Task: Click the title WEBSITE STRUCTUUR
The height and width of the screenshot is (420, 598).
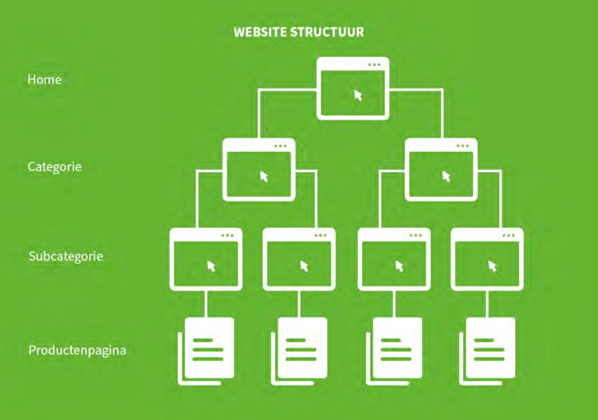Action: point(298,32)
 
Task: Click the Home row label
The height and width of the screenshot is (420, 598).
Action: point(44,80)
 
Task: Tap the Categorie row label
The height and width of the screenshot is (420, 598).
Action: point(55,167)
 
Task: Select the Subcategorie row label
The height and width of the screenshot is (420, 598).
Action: point(66,256)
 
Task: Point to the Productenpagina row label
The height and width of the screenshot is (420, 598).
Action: point(77,350)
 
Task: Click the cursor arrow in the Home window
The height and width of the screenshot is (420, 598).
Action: point(358,95)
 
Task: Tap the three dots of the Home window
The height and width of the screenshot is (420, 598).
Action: point(374,65)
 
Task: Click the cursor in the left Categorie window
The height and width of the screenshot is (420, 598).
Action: point(264,176)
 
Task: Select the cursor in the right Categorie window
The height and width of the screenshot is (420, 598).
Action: point(446,176)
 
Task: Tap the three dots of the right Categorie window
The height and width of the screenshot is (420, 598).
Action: point(462,146)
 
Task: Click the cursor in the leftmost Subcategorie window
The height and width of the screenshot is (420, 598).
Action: point(211,266)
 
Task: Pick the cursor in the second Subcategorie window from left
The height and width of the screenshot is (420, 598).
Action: point(305,266)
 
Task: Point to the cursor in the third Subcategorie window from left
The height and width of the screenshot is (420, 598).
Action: point(399,266)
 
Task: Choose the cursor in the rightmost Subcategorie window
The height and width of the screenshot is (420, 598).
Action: point(493,266)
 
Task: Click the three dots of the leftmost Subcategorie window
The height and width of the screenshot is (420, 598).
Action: point(227,236)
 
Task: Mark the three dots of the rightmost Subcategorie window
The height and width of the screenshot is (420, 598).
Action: point(509,236)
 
